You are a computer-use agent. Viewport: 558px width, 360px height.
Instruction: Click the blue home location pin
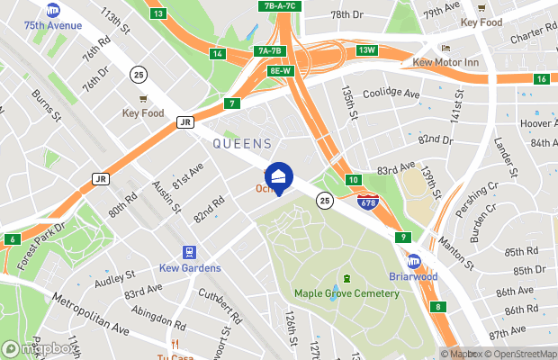(x=279, y=178)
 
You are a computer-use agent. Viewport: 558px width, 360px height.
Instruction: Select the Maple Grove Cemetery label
(x=346, y=293)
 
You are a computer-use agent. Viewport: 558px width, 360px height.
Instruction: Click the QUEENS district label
(x=242, y=144)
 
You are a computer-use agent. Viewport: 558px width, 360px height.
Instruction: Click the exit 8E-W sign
(x=281, y=70)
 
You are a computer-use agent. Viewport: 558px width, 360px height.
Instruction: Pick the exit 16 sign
(x=541, y=79)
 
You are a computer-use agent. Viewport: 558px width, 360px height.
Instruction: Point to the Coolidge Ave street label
(x=391, y=94)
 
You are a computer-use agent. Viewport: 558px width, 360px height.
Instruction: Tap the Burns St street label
(x=46, y=104)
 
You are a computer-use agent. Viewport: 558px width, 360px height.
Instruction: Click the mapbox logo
(x=39, y=348)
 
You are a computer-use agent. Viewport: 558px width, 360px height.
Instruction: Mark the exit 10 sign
(x=354, y=180)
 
